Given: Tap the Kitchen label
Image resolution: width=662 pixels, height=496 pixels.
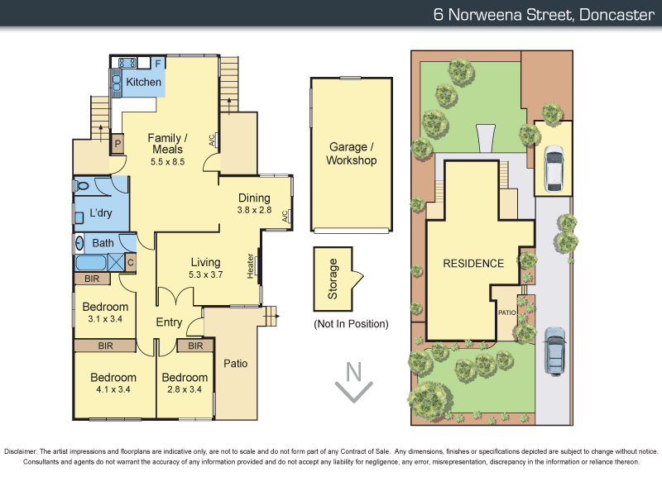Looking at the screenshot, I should (143, 82).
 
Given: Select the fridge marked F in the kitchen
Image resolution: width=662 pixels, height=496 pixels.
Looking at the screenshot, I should (158, 62).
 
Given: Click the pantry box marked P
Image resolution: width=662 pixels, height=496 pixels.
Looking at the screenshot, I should (118, 142).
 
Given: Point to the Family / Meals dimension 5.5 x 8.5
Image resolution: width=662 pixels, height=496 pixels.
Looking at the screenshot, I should (167, 162).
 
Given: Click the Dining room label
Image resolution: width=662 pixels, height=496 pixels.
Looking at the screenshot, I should (254, 198).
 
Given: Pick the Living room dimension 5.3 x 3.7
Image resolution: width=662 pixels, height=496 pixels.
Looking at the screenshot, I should (206, 275).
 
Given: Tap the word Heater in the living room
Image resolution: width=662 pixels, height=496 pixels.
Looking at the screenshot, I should (250, 265).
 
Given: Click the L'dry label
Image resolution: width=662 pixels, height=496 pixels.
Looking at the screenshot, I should (101, 213).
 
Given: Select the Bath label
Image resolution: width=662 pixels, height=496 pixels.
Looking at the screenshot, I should (103, 243).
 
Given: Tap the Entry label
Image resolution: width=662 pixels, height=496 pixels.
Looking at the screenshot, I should (169, 322).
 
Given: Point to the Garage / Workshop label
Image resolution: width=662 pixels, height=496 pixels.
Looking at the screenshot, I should (352, 154).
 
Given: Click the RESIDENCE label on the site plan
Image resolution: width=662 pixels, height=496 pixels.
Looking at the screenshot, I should (473, 264).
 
